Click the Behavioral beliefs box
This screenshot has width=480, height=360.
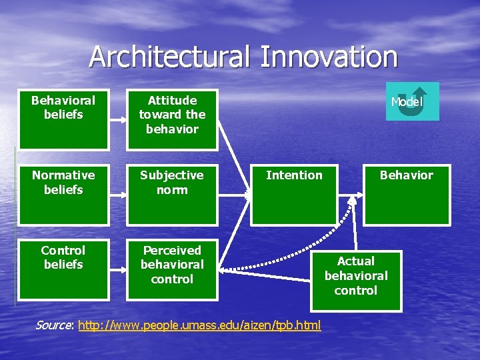63,119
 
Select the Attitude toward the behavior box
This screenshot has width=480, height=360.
172,119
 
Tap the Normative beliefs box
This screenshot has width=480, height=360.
63,194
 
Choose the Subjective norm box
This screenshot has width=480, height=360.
172,194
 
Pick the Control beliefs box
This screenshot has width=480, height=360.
63,269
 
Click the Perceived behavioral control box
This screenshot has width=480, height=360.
172,269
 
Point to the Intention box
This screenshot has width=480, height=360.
294,194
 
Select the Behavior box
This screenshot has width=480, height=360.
407,194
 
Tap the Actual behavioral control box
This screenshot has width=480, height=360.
356,281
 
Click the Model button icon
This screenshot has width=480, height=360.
413,101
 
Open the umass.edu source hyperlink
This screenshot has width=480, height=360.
199,325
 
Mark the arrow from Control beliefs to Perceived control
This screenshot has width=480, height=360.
118,269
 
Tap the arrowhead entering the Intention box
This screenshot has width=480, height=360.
247,195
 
